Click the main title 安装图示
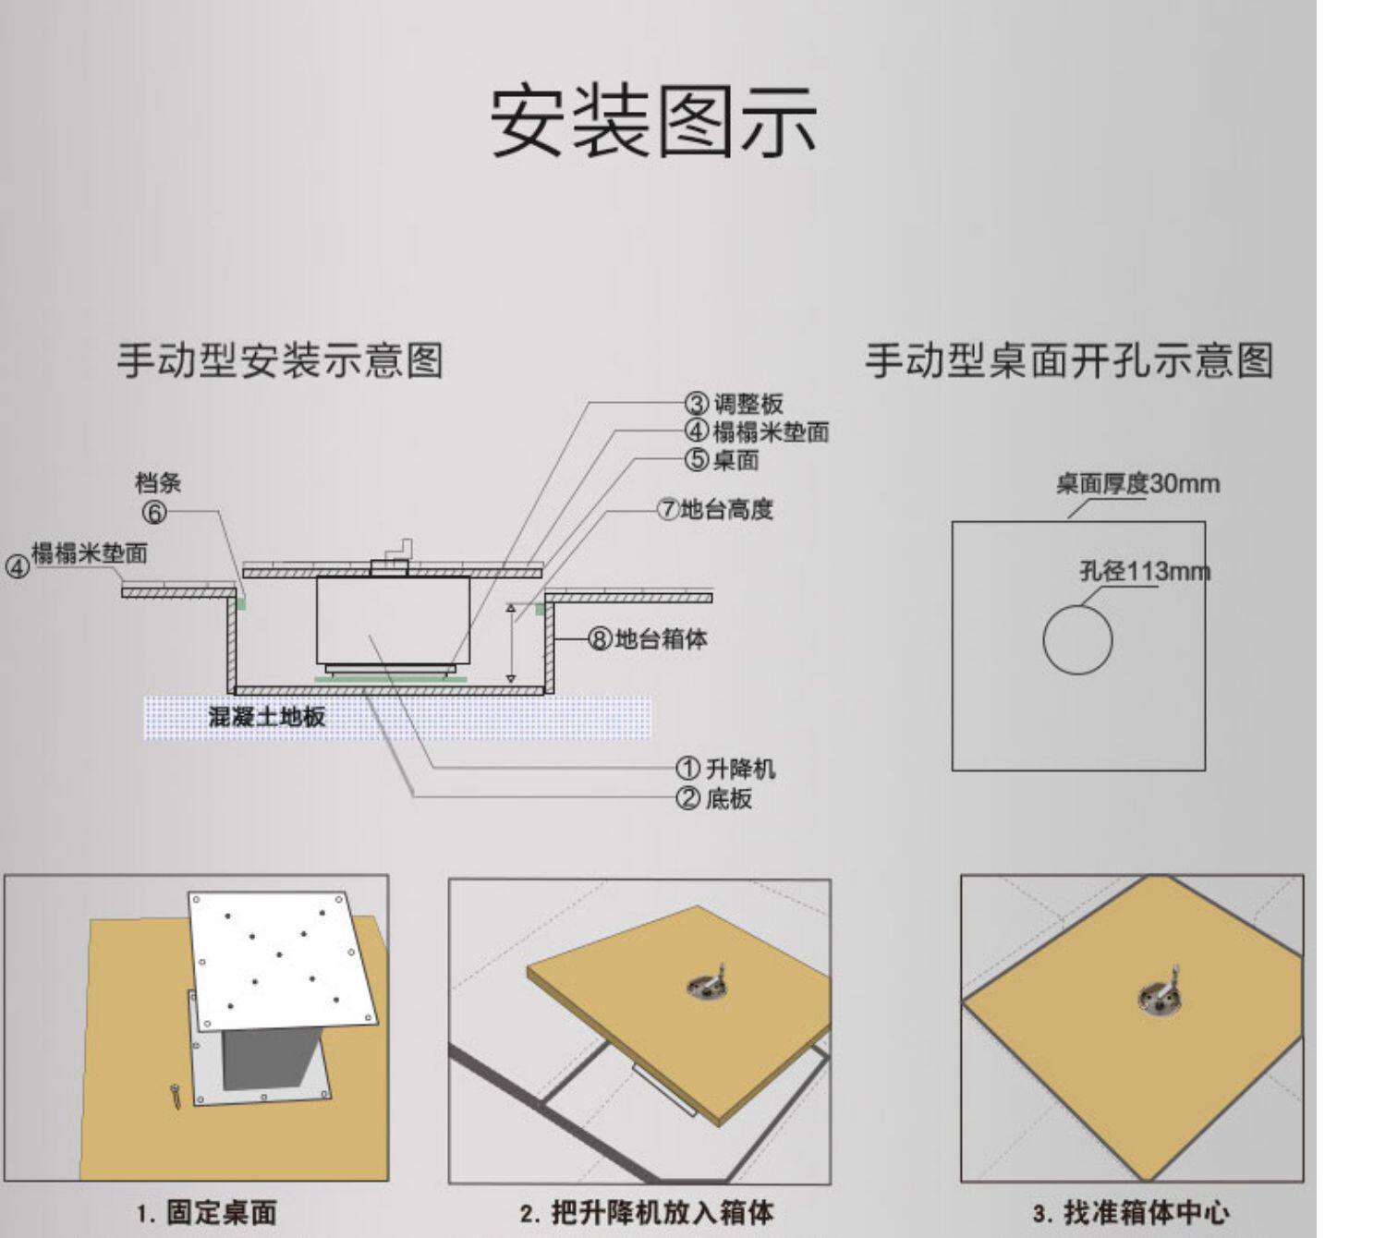[x=652, y=121]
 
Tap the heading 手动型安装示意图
[x=279, y=359]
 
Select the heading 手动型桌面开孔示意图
[x=1069, y=359]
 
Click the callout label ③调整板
[x=735, y=404]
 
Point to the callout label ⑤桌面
[x=722, y=459]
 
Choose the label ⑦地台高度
[x=715, y=509]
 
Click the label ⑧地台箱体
[x=649, y=638]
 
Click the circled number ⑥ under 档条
[x=154, y=513]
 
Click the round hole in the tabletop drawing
[x=1077, y=639]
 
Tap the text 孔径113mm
[x=1145, y=571]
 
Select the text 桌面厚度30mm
[x=1137, y=483]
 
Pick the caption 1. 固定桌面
[x=207, y=1212]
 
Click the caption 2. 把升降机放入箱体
[x=646, y=1212]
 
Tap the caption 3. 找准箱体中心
[x=1131, y=1212]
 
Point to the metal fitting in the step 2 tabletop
[x=709, y=984]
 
